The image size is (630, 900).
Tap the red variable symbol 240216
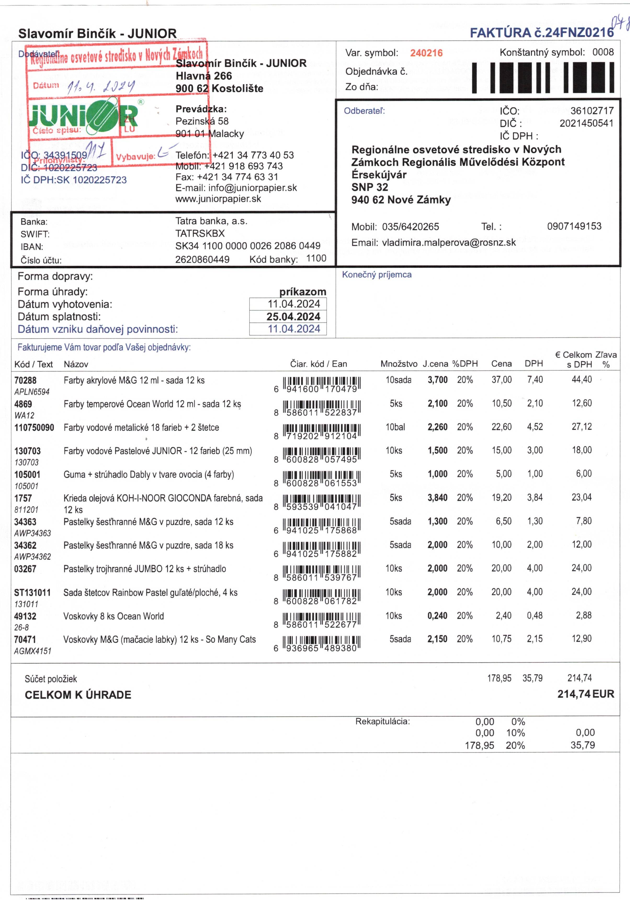pos(426,53)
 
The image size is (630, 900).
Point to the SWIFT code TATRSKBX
pos(200,233)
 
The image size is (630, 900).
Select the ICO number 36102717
pos(592,111)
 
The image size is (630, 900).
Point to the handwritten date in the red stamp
pos(101,86)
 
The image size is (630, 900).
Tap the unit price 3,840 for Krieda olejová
pos(437,498)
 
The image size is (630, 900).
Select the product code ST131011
pos(32,592)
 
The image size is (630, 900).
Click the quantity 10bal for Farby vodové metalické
pos(395,427)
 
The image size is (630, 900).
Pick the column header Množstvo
pos(399,364)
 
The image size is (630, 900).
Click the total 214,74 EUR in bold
pos(585,694)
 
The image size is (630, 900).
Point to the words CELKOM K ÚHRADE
pos(78,695)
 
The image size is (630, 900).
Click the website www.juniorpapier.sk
pos(218,199)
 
